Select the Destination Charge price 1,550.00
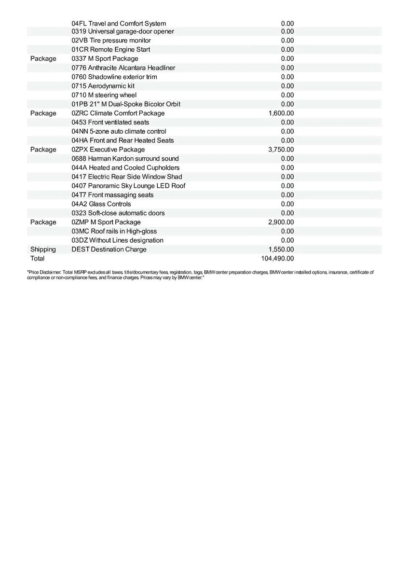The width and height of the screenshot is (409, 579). [281, 249]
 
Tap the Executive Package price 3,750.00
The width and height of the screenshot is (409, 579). [281, 150]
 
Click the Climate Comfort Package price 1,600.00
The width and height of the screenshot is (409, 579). [281, 113]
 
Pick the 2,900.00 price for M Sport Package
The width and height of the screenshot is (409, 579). [281, 222]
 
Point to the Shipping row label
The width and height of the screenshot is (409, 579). [43, 249]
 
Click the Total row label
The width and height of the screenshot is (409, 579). [37, 259]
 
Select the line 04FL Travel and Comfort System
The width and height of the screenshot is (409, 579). [119, 24]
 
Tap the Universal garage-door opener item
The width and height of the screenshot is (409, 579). [123, 31]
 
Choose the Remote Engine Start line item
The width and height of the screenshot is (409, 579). [110, 50]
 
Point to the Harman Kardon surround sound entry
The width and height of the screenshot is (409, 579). [125, 159]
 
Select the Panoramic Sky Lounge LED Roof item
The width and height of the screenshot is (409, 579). [128, 186]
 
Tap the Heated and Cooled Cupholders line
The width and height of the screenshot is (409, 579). [125, 168]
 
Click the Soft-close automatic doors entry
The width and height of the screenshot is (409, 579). [118, 213]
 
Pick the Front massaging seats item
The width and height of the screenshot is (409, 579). [112, 195]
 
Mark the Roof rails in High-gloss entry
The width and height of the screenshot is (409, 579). [114, 232]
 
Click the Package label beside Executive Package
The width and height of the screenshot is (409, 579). [43, 150]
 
